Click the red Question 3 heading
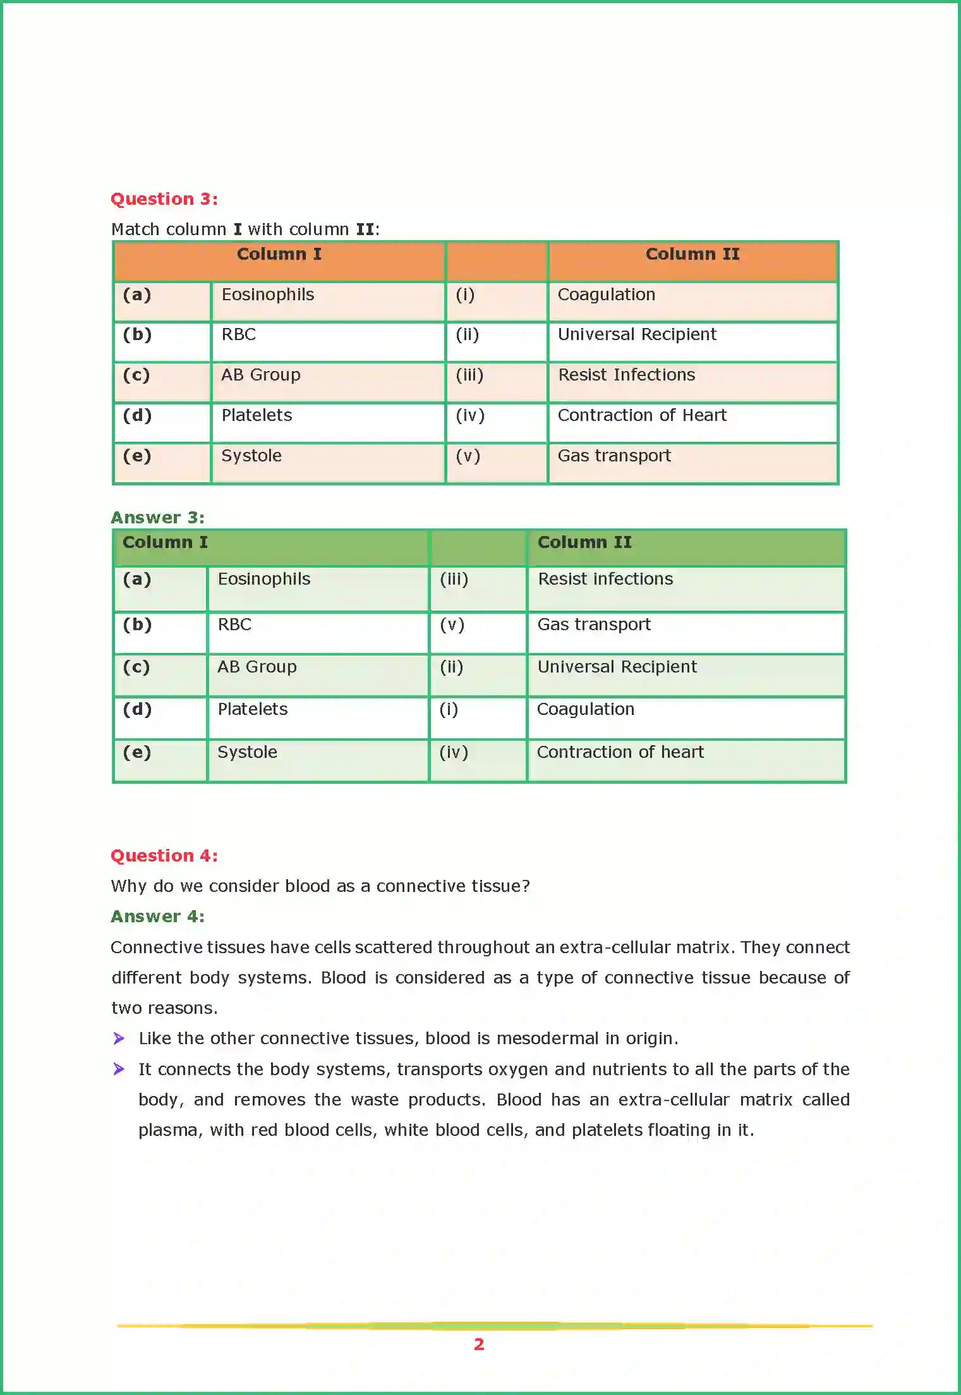(x=164, y=199)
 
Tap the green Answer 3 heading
(x=157, y=518)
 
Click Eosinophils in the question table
(x=267, y=295)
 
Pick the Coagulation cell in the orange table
(x=606, y=295)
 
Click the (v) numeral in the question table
(x=468, y=456)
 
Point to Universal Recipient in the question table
(x=637, y=334)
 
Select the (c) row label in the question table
(x=136, y=375)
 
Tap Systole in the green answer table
(x=247, y=752)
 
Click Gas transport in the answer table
(x=593, y=624)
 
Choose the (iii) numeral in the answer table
(x=454, y=579)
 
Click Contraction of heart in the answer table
(x=620, y=752)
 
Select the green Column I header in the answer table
(x=165, y=542)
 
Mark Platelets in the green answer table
(x=252, y=709)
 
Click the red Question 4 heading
(x=164, y=856)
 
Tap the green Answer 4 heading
(x=157, y=917)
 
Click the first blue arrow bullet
(x=119, y=1039)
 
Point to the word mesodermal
(x=547, y=1039)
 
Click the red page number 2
(x=479, y=1344)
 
